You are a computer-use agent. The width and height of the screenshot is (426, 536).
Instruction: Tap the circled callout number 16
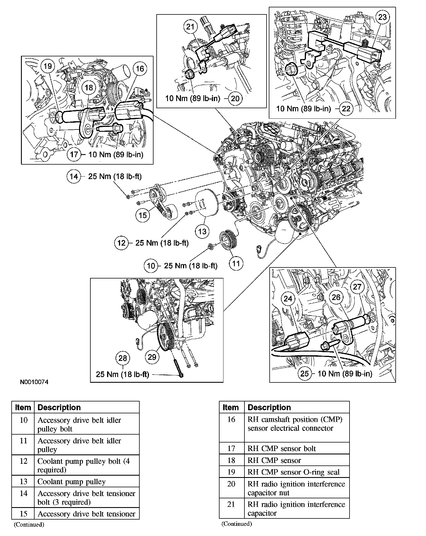tap(140, 69)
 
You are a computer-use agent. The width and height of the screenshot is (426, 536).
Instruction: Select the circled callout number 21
tap(190, 27)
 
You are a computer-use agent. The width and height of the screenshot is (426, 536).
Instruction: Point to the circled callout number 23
tap(382, 17)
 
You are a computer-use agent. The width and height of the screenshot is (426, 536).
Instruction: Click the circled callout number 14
tap(74, 177)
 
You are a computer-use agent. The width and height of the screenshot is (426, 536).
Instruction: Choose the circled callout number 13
tap(202, 232)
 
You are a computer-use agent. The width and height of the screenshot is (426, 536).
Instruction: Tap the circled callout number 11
tap(236, 264)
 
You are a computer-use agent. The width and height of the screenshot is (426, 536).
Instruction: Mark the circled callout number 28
tap(122, 358)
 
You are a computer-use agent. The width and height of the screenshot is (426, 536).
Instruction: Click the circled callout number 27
tap(357, 287)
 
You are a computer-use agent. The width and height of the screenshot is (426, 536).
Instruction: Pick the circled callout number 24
tap(288, 299)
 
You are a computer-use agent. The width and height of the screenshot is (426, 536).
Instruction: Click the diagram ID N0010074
tap(34, 382)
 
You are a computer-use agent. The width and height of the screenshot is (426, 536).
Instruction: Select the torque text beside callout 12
tap(162, 243)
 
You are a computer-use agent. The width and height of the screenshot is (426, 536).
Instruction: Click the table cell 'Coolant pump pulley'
tap(71, 482)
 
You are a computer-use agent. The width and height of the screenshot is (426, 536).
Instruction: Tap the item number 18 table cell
tap(231, 460)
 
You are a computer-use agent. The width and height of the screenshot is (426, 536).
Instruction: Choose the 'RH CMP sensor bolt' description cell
tap(282, 448)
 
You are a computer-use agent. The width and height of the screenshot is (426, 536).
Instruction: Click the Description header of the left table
tap(59, 407)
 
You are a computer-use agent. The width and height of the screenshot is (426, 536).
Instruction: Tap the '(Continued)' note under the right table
tap(237, 524)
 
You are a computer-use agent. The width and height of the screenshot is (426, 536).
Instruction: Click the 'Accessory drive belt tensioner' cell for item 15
tap(86, 514)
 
